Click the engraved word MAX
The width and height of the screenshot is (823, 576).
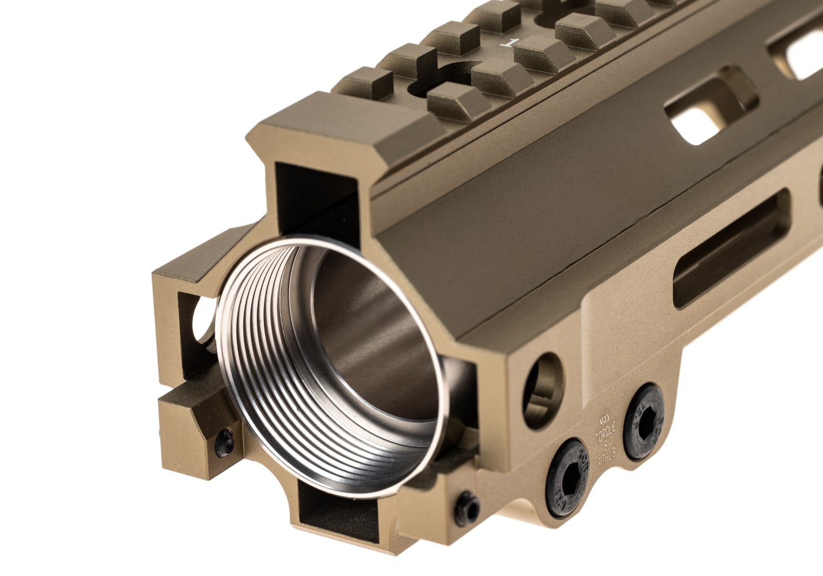pyautogui.click(x=604, y=420)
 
